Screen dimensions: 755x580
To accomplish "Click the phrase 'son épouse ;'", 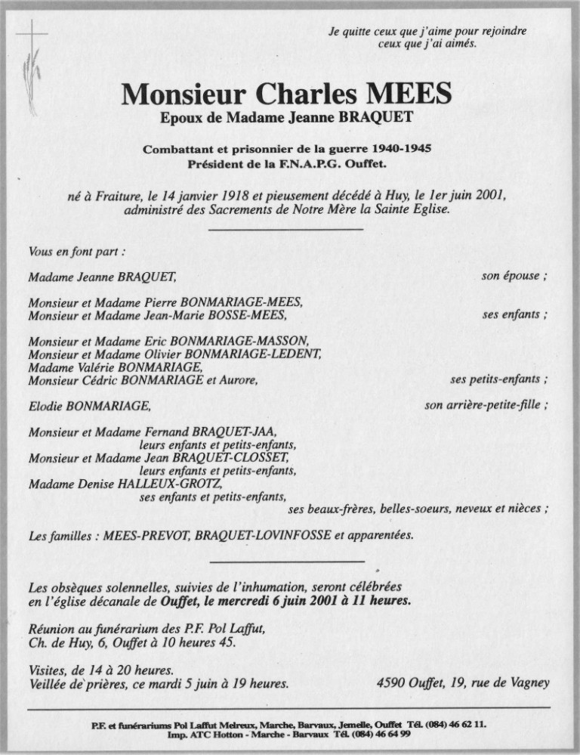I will (514, 277).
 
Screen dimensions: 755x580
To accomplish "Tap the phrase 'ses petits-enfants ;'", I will (498, 379).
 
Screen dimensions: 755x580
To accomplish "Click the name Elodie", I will (45, 407).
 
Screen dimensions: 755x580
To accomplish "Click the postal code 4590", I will (390, 683).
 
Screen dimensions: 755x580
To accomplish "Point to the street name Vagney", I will (528, 683).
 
